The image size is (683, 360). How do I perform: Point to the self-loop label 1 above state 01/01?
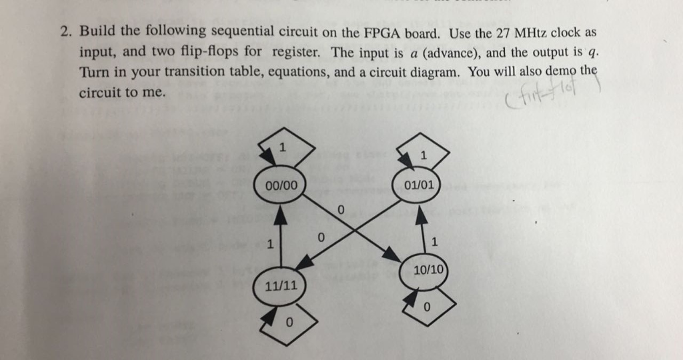pos(424,155)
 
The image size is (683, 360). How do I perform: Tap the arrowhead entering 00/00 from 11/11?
pos(281,213)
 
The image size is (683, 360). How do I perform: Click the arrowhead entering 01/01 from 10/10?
pos(422,215)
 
